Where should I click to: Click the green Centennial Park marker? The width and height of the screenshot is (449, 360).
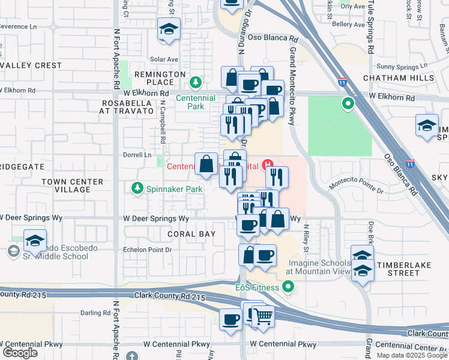pos(195,82)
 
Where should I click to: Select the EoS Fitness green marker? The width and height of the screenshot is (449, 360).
pos(289,287)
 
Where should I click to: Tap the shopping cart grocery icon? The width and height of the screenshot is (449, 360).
pos(263,316)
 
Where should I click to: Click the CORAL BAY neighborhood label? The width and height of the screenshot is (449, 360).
pos(191,233)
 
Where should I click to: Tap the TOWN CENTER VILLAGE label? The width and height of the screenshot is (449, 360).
pos(65,185)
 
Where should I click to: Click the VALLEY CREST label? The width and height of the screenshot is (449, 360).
pos(31,65)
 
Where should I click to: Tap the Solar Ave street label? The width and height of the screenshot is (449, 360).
pos(164,59)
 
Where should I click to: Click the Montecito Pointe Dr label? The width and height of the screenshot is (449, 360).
pos(356,188)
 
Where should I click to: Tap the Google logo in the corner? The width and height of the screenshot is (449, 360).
pos(20,352)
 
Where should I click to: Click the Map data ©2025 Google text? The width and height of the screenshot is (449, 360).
pos(411,355)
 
